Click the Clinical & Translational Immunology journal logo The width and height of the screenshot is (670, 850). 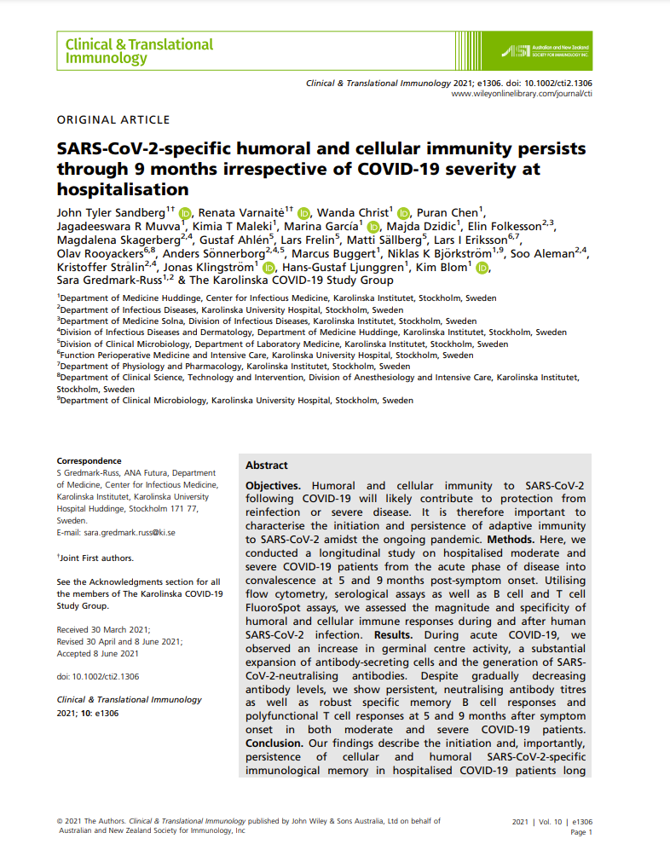point(140,51)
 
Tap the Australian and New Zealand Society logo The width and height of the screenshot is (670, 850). point(546,49)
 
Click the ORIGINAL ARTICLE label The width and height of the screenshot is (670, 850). point(113,120)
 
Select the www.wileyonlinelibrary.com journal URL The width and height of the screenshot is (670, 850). point(522,94)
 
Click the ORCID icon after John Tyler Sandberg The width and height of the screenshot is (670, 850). point(185,212)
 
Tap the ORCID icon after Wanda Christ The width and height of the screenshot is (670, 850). point(403,212)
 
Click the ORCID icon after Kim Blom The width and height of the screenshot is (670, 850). point(483,268)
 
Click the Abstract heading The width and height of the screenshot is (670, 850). point(267,465)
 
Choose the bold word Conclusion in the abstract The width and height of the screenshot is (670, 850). point(274,743)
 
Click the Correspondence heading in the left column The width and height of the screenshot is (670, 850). point(89,461)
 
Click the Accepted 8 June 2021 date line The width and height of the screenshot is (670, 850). point(98,654)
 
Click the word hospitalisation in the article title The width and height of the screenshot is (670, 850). point(123,188)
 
